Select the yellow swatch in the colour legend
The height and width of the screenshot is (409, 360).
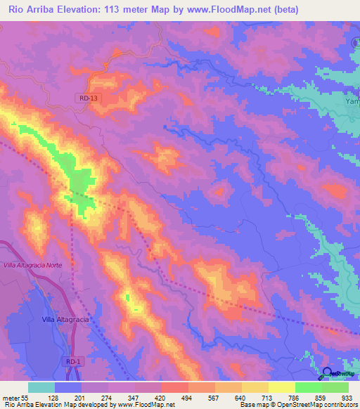[x=281, y=387]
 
